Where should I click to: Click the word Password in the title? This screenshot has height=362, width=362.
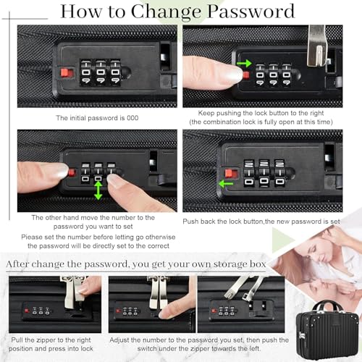(251, 12)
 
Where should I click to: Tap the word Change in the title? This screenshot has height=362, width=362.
(166, 12)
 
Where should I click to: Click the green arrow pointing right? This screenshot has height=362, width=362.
(244, 64)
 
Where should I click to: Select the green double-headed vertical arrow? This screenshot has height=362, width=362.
(98, 190)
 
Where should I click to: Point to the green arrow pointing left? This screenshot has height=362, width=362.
(226, 184)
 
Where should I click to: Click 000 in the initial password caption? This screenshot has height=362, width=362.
(132, 118)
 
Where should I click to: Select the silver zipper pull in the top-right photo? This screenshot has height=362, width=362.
(317, 46)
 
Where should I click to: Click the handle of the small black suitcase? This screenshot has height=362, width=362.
(327, 306)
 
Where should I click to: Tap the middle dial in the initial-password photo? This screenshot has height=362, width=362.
(101, 72)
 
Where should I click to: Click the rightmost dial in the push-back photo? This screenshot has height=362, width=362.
(279, 173)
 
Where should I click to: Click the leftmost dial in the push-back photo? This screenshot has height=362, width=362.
(249, 173)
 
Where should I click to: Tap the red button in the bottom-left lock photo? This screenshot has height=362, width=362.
(27, 311)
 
